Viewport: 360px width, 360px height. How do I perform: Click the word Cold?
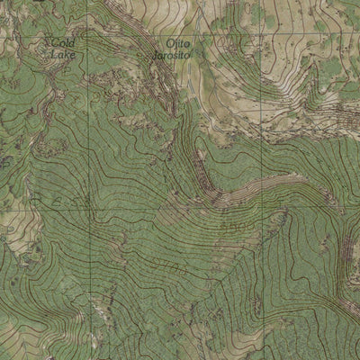(x=63, y=43)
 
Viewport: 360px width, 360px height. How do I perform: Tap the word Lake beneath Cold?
(x=63, y=55)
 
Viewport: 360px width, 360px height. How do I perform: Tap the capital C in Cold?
(x=54, y=43)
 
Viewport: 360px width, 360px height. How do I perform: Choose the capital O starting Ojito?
(x=168, y=42)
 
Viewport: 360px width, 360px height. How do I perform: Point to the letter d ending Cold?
(x=72, y=43)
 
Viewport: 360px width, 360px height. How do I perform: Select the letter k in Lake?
(x=67, y=55)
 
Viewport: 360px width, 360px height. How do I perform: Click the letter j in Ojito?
(x=175, y=43)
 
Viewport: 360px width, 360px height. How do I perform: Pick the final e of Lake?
(x=72, y=55)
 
